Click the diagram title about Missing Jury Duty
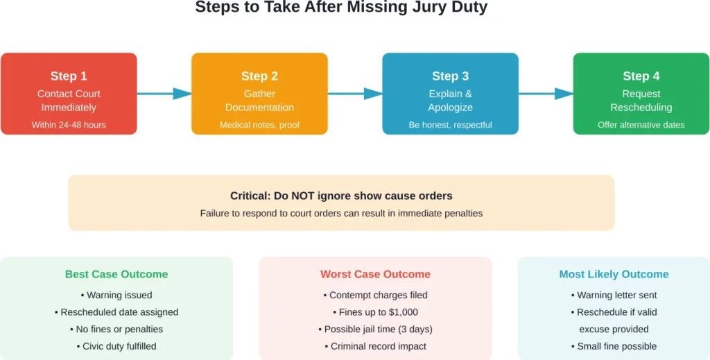[x=341, y=8]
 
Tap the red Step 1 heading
[x=69, y=76]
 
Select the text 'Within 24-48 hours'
[x=69, y=125]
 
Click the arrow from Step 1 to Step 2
[x=164, y=94]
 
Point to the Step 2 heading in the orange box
[x=259, y=76]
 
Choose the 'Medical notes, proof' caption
[x=259, y=125]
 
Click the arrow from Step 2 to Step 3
[x=355, y=94]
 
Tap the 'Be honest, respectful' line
[x=450, y=125]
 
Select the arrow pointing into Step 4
[x=546, y=94]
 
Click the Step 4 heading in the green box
[x=641, y=76]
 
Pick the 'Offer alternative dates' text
[x=641, y=125]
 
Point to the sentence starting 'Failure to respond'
[x=341, y=214]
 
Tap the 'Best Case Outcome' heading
[x=116, y=275]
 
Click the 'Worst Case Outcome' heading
[x=375, y=275]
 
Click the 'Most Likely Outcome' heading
[x=614, y=275]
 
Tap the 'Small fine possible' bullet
[x=614, y=346]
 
